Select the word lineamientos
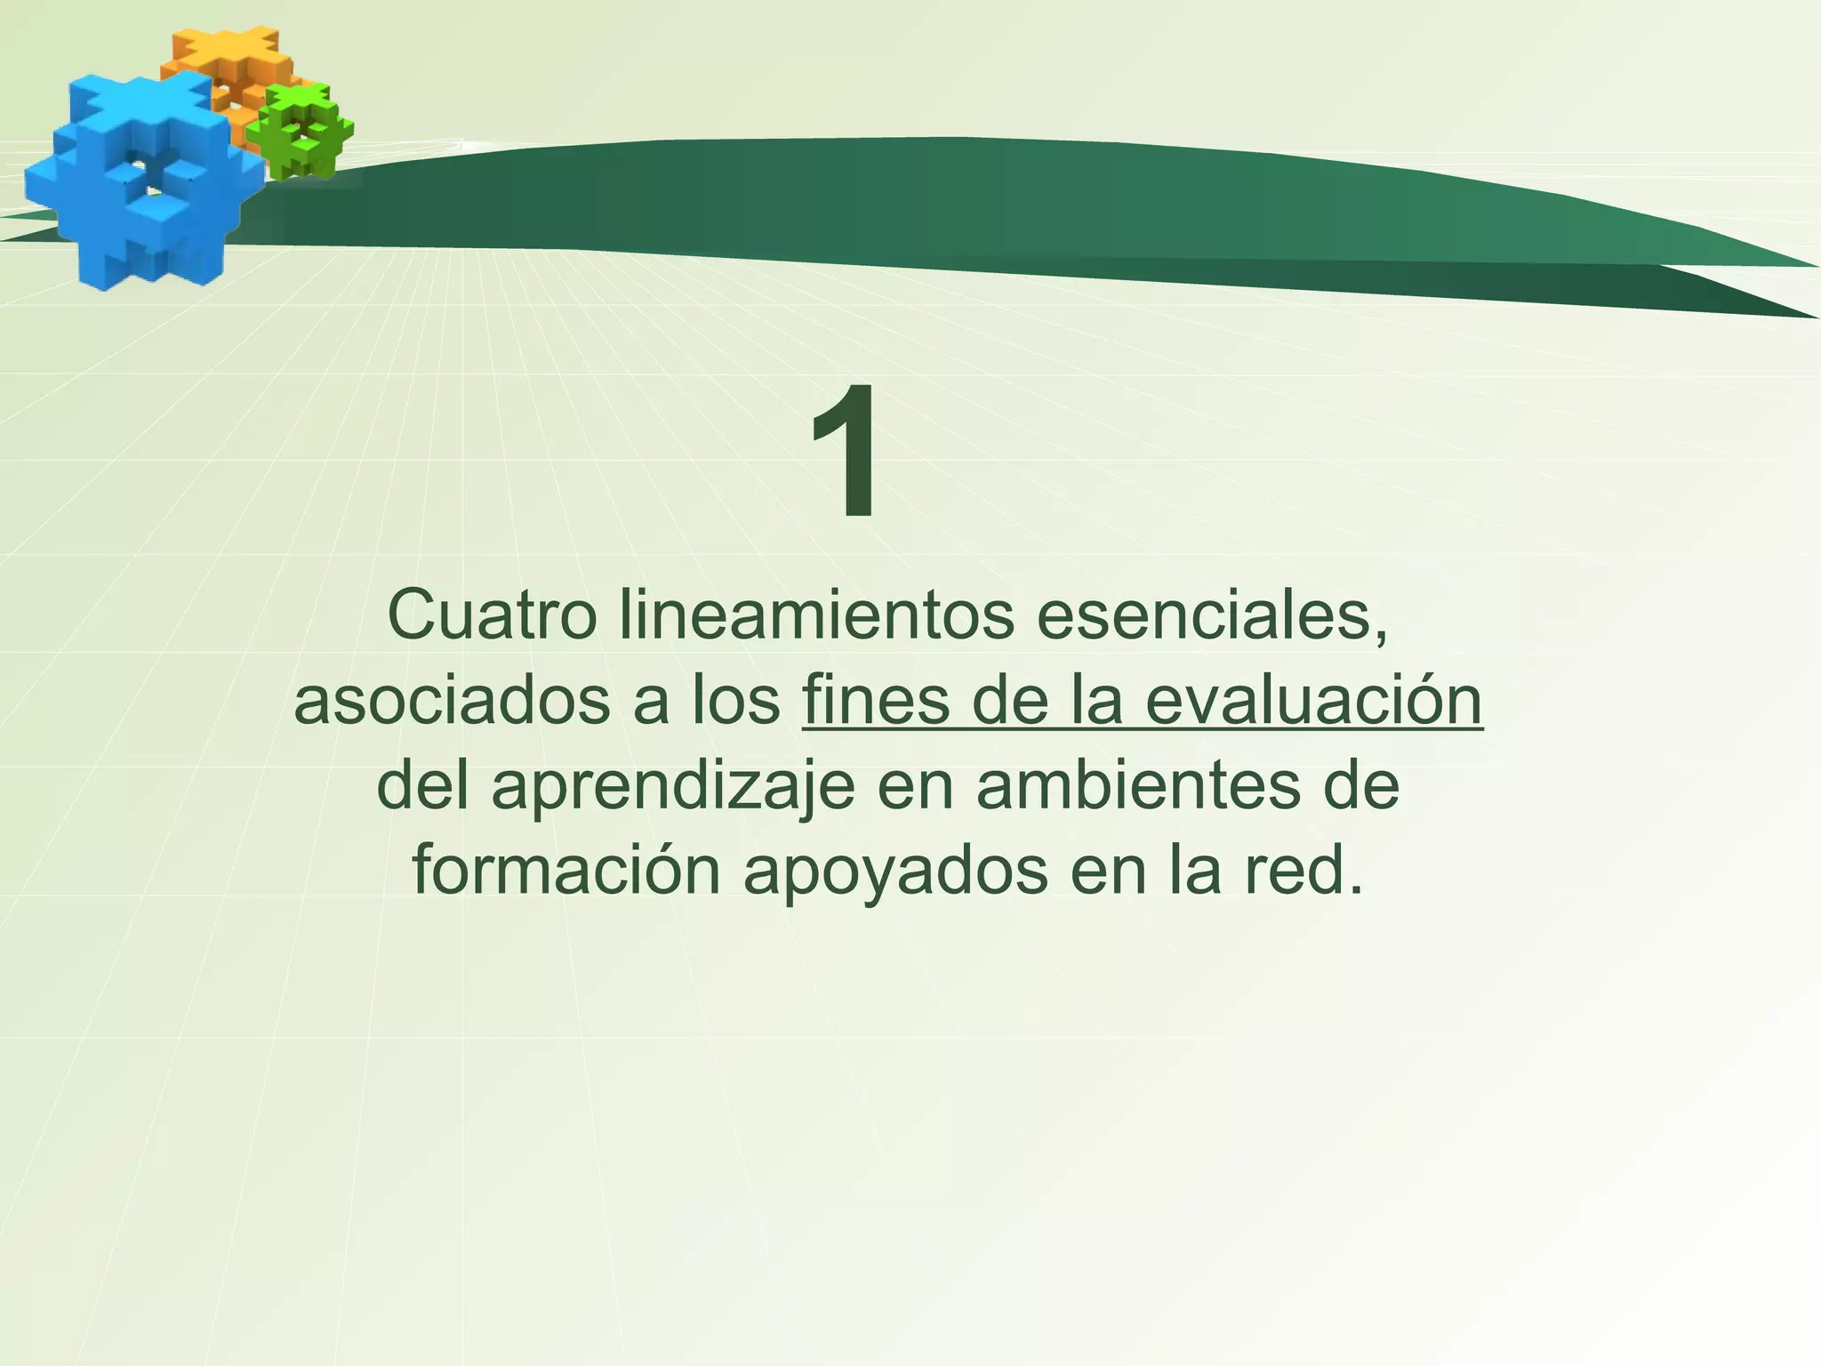coord(816,615)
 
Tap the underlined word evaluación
coord(1313,701)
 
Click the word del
coord(422,786)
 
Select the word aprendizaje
coord(673,788)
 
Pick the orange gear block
coord(222,62)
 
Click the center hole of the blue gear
coord(151,178)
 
